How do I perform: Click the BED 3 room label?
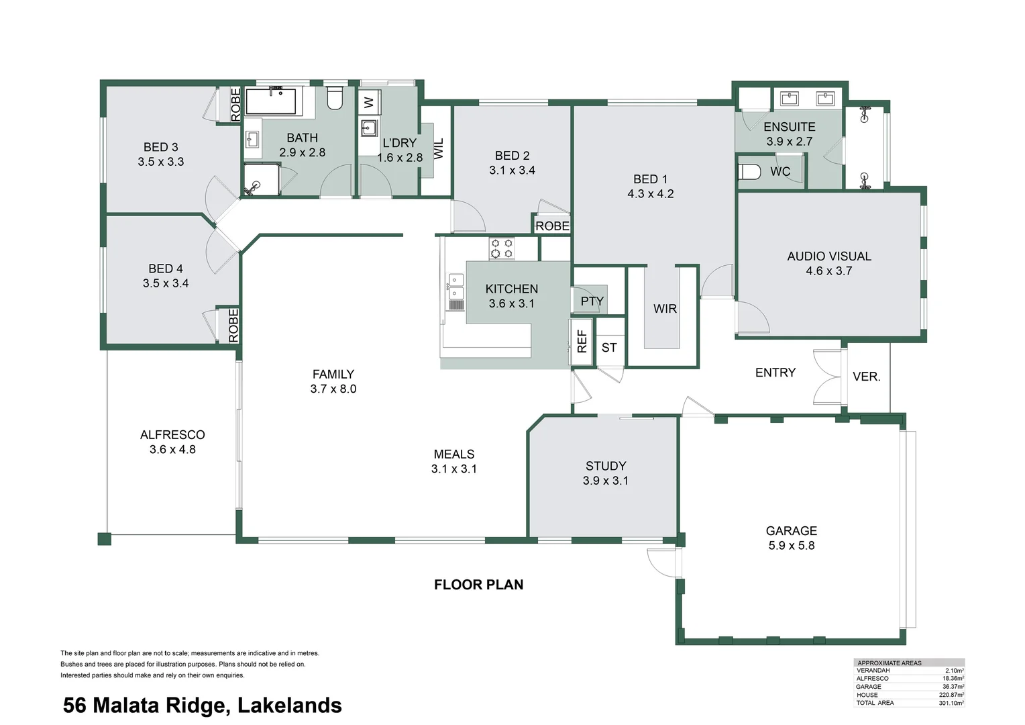(160, 147)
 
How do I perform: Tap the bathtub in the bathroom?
(271, 101)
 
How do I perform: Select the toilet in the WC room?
(750, 172)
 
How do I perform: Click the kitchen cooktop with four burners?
(502, 248)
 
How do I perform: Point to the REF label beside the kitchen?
(582, 342)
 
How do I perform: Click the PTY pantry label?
(592, 301)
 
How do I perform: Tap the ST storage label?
(609, 348)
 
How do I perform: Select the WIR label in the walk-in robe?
(665, 309)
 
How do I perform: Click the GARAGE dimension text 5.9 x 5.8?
(792, 546)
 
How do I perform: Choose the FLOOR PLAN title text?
(478, 585)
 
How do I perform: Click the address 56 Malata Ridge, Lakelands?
(203, 706)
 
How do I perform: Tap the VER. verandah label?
(866, 377)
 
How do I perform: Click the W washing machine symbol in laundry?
(368, 103)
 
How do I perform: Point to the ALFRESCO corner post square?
(104, 538)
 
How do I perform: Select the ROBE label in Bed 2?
(552, 226)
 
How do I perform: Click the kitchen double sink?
(456, 287)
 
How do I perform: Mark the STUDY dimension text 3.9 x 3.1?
(606, 481)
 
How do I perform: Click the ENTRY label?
(775, 373)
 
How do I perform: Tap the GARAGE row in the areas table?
(909, 687)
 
